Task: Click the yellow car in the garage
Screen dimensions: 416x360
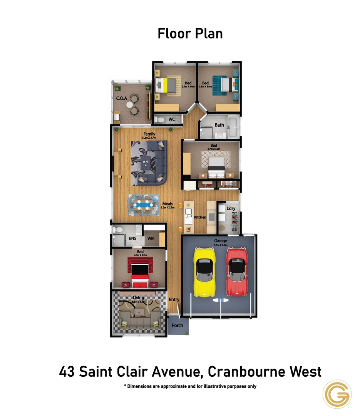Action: coord(204,273)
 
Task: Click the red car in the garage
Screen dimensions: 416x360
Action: coord(235,272)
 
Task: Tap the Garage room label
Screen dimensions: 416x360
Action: coord(221,241)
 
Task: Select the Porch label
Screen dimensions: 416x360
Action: coord(177,325)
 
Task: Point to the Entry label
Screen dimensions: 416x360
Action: coord(174,300)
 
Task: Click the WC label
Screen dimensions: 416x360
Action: coord(172,119)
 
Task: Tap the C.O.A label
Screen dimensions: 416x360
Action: coord(122,98)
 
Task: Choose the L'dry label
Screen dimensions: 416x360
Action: coord(231,208)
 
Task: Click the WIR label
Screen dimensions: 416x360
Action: coord(151,238)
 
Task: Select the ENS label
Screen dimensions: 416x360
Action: coord(132,238)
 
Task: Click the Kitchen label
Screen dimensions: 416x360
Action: coord(200,217)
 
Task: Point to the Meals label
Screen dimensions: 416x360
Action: coord(167,204)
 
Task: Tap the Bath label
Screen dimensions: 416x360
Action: coord(219,125)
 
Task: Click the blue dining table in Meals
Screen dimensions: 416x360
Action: coord(144,205)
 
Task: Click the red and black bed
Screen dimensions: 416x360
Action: coord(139,273)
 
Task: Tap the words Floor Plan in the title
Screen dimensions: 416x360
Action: coord(190,34)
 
